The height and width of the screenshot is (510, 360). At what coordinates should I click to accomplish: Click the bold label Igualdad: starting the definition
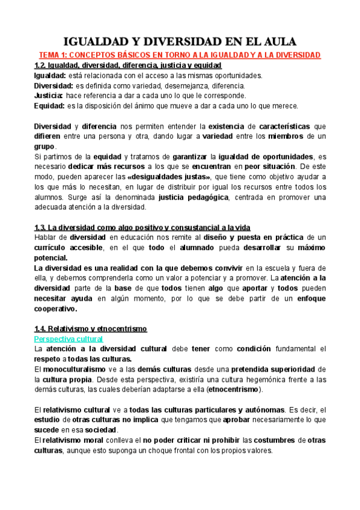49,75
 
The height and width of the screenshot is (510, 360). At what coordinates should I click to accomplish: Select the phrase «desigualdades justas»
169,176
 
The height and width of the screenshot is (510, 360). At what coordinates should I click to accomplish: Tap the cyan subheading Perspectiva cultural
69,339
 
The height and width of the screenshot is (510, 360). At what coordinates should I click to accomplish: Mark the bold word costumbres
274,441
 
